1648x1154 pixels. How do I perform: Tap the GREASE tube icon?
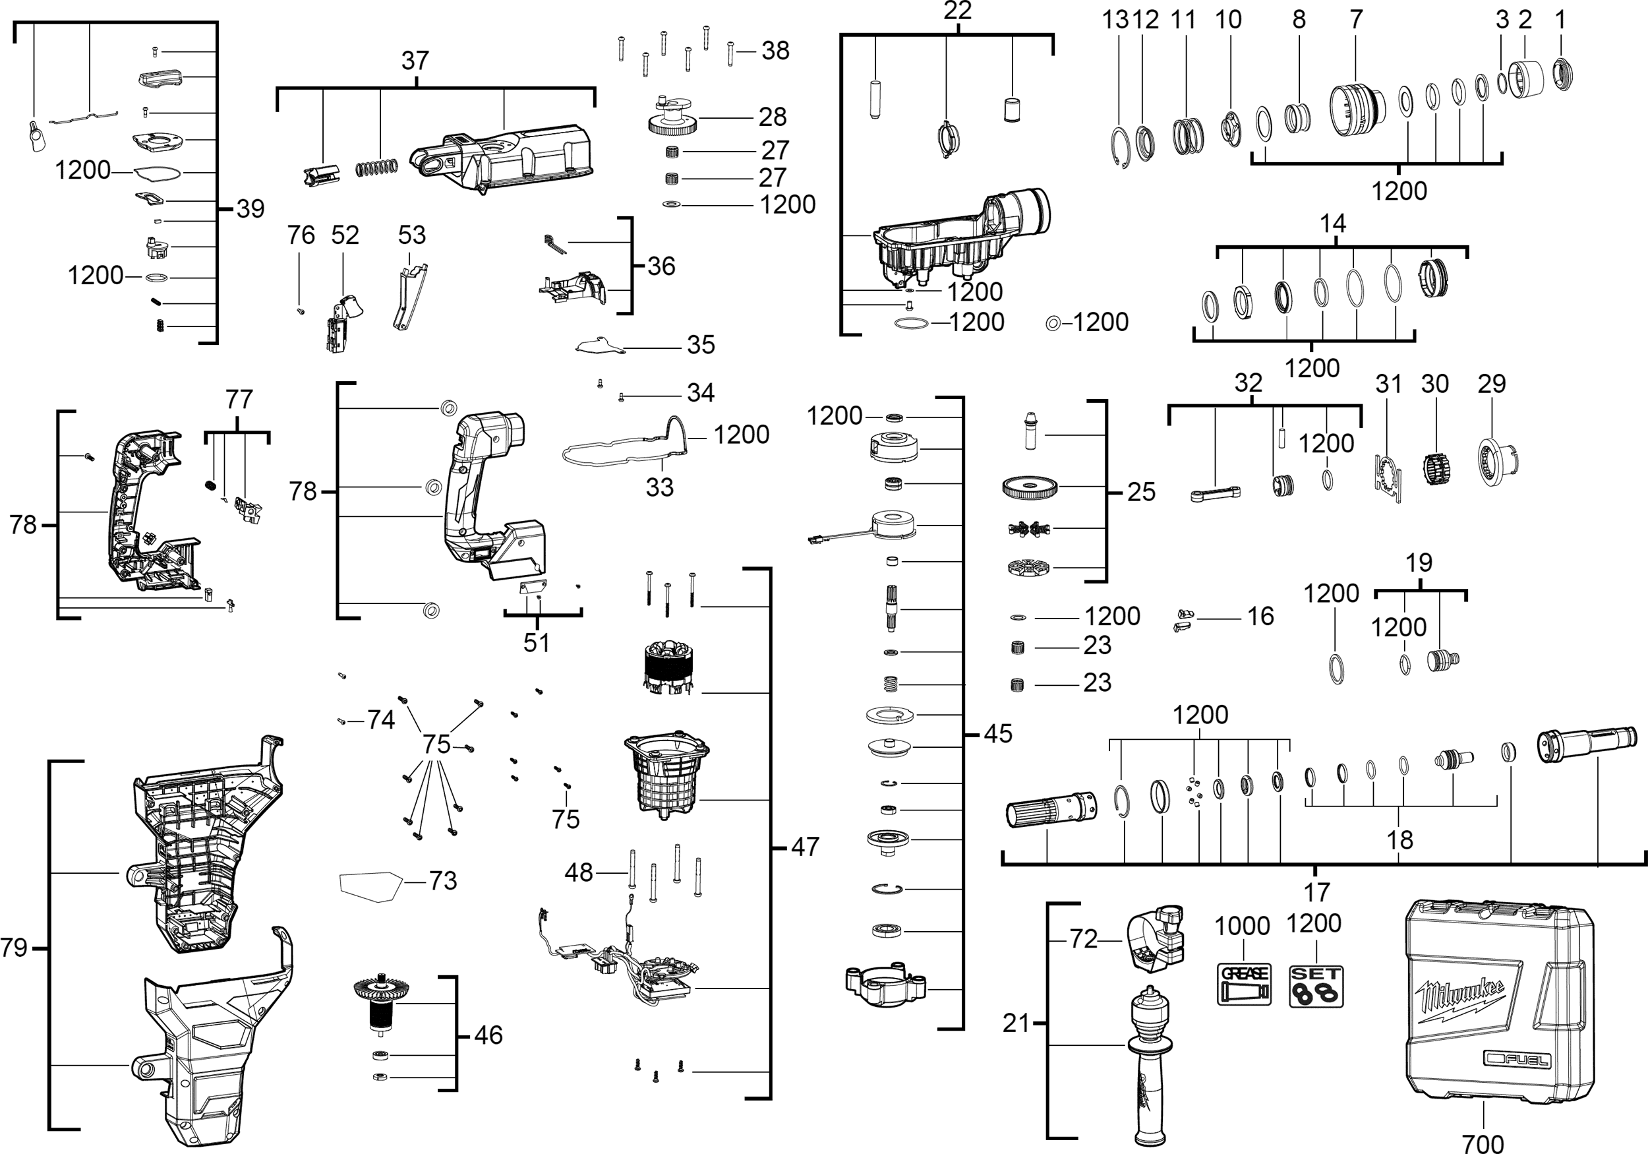coord(1244,985)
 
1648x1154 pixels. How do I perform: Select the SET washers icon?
coord(1316,986)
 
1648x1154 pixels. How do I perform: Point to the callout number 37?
coord(415,60)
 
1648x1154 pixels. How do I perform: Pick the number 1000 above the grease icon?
coord(1242,926)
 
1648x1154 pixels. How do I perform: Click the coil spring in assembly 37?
coord(377,167)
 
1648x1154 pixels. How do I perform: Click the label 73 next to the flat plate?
coord(443,880)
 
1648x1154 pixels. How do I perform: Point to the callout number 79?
coord(15,948)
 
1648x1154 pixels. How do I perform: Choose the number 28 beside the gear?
coord(773,116)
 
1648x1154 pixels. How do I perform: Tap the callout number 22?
coord(958,11)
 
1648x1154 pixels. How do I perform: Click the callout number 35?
coord(701,345)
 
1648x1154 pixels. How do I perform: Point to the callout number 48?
coord(579,872)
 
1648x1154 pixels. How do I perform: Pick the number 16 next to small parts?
coord(1260,616)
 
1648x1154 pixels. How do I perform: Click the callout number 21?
coord(1016,1023)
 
